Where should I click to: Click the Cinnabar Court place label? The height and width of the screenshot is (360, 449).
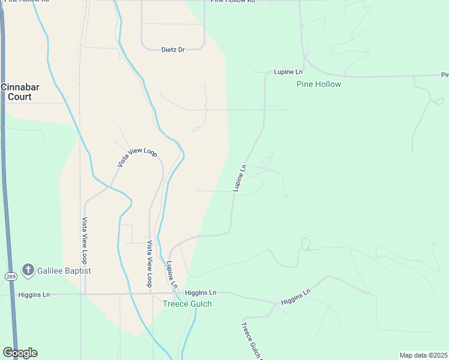[20, 91]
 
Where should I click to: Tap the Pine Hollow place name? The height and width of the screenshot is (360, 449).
[319, 84]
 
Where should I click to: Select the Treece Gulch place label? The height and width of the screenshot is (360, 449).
[187, 304]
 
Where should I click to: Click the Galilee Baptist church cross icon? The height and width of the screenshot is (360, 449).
[28, 271]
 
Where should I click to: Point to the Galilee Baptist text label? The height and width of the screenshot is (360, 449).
[64, 271]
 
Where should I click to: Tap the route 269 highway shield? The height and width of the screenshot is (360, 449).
[11, 277]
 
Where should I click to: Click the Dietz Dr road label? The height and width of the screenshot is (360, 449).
[173, 49]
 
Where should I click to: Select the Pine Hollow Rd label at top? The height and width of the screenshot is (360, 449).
[233, 1]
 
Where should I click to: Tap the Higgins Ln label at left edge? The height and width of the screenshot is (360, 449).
[34, 295]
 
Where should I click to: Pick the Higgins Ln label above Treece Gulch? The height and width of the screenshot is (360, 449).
[200, 293]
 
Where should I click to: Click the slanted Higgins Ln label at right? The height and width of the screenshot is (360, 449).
[296, 297]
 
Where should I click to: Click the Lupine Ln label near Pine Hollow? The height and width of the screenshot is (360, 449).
[288, 72]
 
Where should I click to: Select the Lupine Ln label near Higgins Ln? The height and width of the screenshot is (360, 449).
[172, 274]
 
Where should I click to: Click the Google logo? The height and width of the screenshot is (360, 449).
[20, 353]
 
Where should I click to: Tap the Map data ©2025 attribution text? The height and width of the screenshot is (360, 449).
[424, 355]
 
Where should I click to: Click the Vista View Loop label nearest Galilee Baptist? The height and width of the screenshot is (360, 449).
[85, 241]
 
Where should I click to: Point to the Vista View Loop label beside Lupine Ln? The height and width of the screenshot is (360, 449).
[151, 263]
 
